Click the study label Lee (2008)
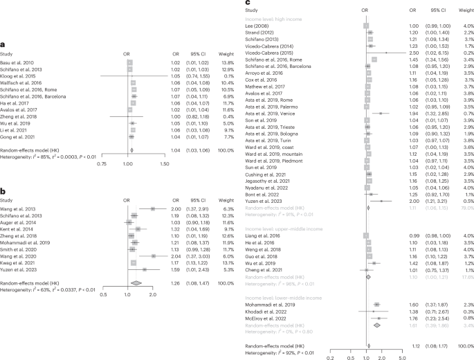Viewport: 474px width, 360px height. tap(264, 26)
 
